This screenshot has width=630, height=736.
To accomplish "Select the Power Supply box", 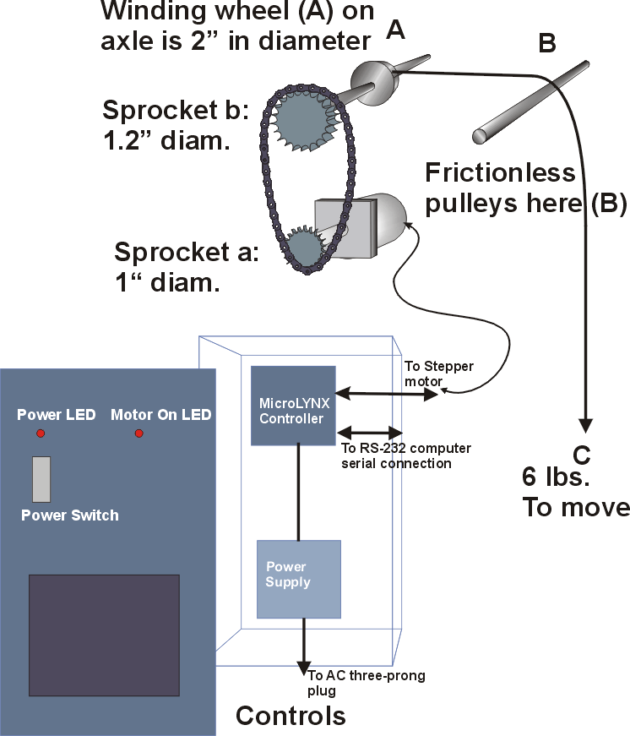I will pos(298,580).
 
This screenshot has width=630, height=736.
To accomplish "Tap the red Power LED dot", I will pos(40,433).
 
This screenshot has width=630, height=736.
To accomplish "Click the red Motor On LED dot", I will pos(139,433).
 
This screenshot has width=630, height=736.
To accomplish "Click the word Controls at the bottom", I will pos(291,716).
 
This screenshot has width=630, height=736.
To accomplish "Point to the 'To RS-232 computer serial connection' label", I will pos(405,455).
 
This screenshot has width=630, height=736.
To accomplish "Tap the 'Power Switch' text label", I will pos(70,515).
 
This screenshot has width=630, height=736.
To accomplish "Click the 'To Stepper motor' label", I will pos(439,373).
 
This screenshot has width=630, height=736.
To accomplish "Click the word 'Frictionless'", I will pos(500,173).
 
